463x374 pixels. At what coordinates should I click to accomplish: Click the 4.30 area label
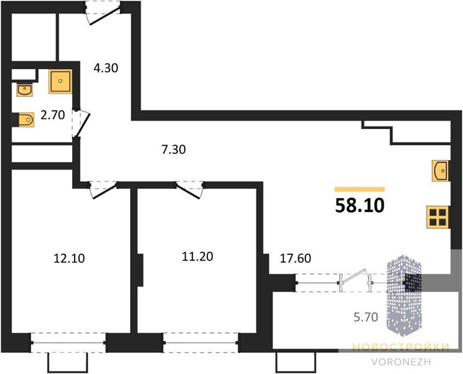pos(106,69)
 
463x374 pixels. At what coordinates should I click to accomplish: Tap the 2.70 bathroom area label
pos(53,115)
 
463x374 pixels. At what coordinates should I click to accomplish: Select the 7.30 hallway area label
pos(174,150)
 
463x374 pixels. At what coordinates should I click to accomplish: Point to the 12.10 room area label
pos(69,258)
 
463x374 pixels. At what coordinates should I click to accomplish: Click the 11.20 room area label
pos(197,256)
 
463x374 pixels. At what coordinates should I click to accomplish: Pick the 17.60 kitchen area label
pos(295,258)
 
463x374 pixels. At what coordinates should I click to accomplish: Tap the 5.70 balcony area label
pos(366,317)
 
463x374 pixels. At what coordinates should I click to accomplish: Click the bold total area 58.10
pos(360,206)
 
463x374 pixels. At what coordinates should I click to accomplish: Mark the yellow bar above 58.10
pos(360,189)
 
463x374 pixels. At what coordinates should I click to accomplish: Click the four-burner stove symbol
pos(438,218)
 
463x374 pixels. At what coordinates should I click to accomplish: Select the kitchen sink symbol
pos(440,171)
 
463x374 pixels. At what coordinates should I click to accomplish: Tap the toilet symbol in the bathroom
pos(24,120)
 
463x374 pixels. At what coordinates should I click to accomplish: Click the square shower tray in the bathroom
pos(60,81)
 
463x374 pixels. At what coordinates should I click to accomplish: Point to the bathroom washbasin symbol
pos(25,90)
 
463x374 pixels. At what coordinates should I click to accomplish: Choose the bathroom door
pos(81,123)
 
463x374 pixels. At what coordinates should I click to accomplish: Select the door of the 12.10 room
pos(103,191)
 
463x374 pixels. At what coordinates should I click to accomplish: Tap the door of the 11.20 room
pos(189,191)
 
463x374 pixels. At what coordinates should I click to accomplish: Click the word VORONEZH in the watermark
pos(401,362)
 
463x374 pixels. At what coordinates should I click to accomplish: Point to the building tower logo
pos(405,295)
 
